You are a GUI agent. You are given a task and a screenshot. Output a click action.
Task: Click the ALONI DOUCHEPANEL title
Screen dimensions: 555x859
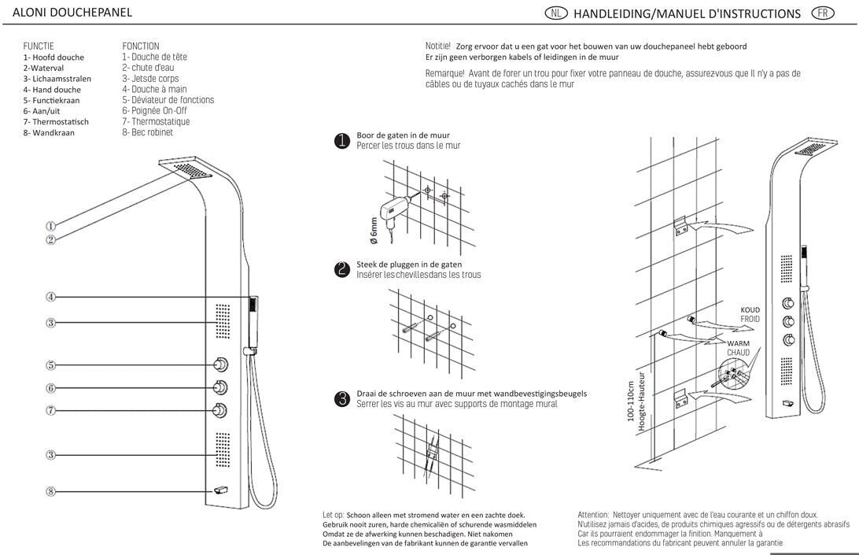click(x=72, y=13)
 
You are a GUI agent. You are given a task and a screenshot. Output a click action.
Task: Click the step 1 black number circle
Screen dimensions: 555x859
click(x=342, y=141)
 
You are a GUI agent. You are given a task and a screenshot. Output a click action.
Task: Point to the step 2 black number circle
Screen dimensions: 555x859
click(x=342, y=269)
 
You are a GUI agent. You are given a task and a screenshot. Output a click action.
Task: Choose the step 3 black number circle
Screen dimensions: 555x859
click(x=342, y=399)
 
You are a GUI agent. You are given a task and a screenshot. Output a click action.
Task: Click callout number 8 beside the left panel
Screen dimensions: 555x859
click(x=50, y=491)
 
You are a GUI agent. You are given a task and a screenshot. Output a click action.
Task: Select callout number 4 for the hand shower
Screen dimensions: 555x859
click(x=50, y=297)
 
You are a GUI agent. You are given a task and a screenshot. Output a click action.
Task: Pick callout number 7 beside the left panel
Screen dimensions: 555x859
click(x=50, y=410)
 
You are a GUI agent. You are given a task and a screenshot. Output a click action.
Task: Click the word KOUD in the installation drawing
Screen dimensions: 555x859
click(x=750, y=310)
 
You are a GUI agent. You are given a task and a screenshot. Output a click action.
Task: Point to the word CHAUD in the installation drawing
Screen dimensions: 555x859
click(x=738, y=353)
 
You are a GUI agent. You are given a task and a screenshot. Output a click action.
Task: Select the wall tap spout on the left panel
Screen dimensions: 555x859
click(x=219, y=490)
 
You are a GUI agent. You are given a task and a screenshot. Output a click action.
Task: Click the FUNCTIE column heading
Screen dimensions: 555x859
click(x=39, y=46)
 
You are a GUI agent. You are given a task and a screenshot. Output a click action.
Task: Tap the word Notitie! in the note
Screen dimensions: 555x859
click(x=437, y=46)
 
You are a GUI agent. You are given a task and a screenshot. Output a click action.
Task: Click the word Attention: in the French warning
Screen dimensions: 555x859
click(x=592, y=514)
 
